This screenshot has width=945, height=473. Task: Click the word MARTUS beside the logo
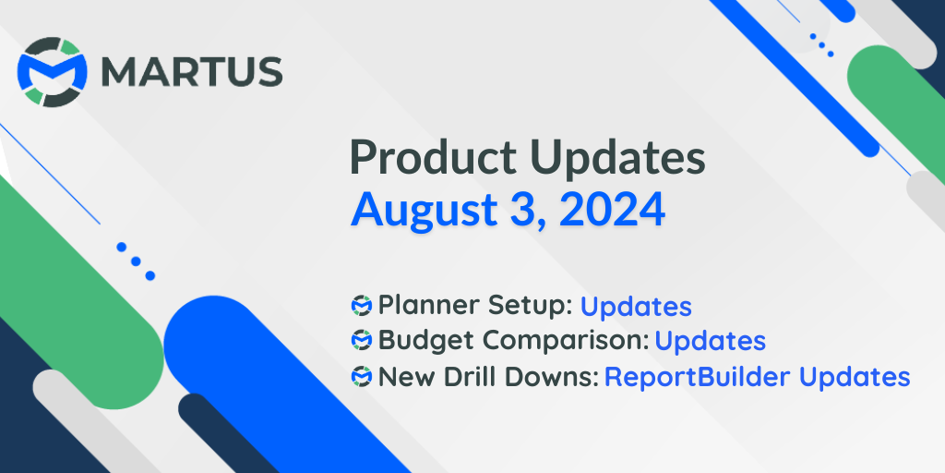click(x=191, y=72)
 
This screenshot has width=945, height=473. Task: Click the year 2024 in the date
click(x=612, y=210)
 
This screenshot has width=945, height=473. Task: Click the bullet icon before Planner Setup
click(x=362, y=305)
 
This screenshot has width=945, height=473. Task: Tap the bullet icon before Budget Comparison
click(x=362, y=341)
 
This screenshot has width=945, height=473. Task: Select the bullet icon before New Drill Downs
click(x=362, y=377)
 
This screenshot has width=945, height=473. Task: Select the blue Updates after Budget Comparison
click(x=710, y=341)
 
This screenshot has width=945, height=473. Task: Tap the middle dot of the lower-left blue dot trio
click(x=136, y=261)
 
